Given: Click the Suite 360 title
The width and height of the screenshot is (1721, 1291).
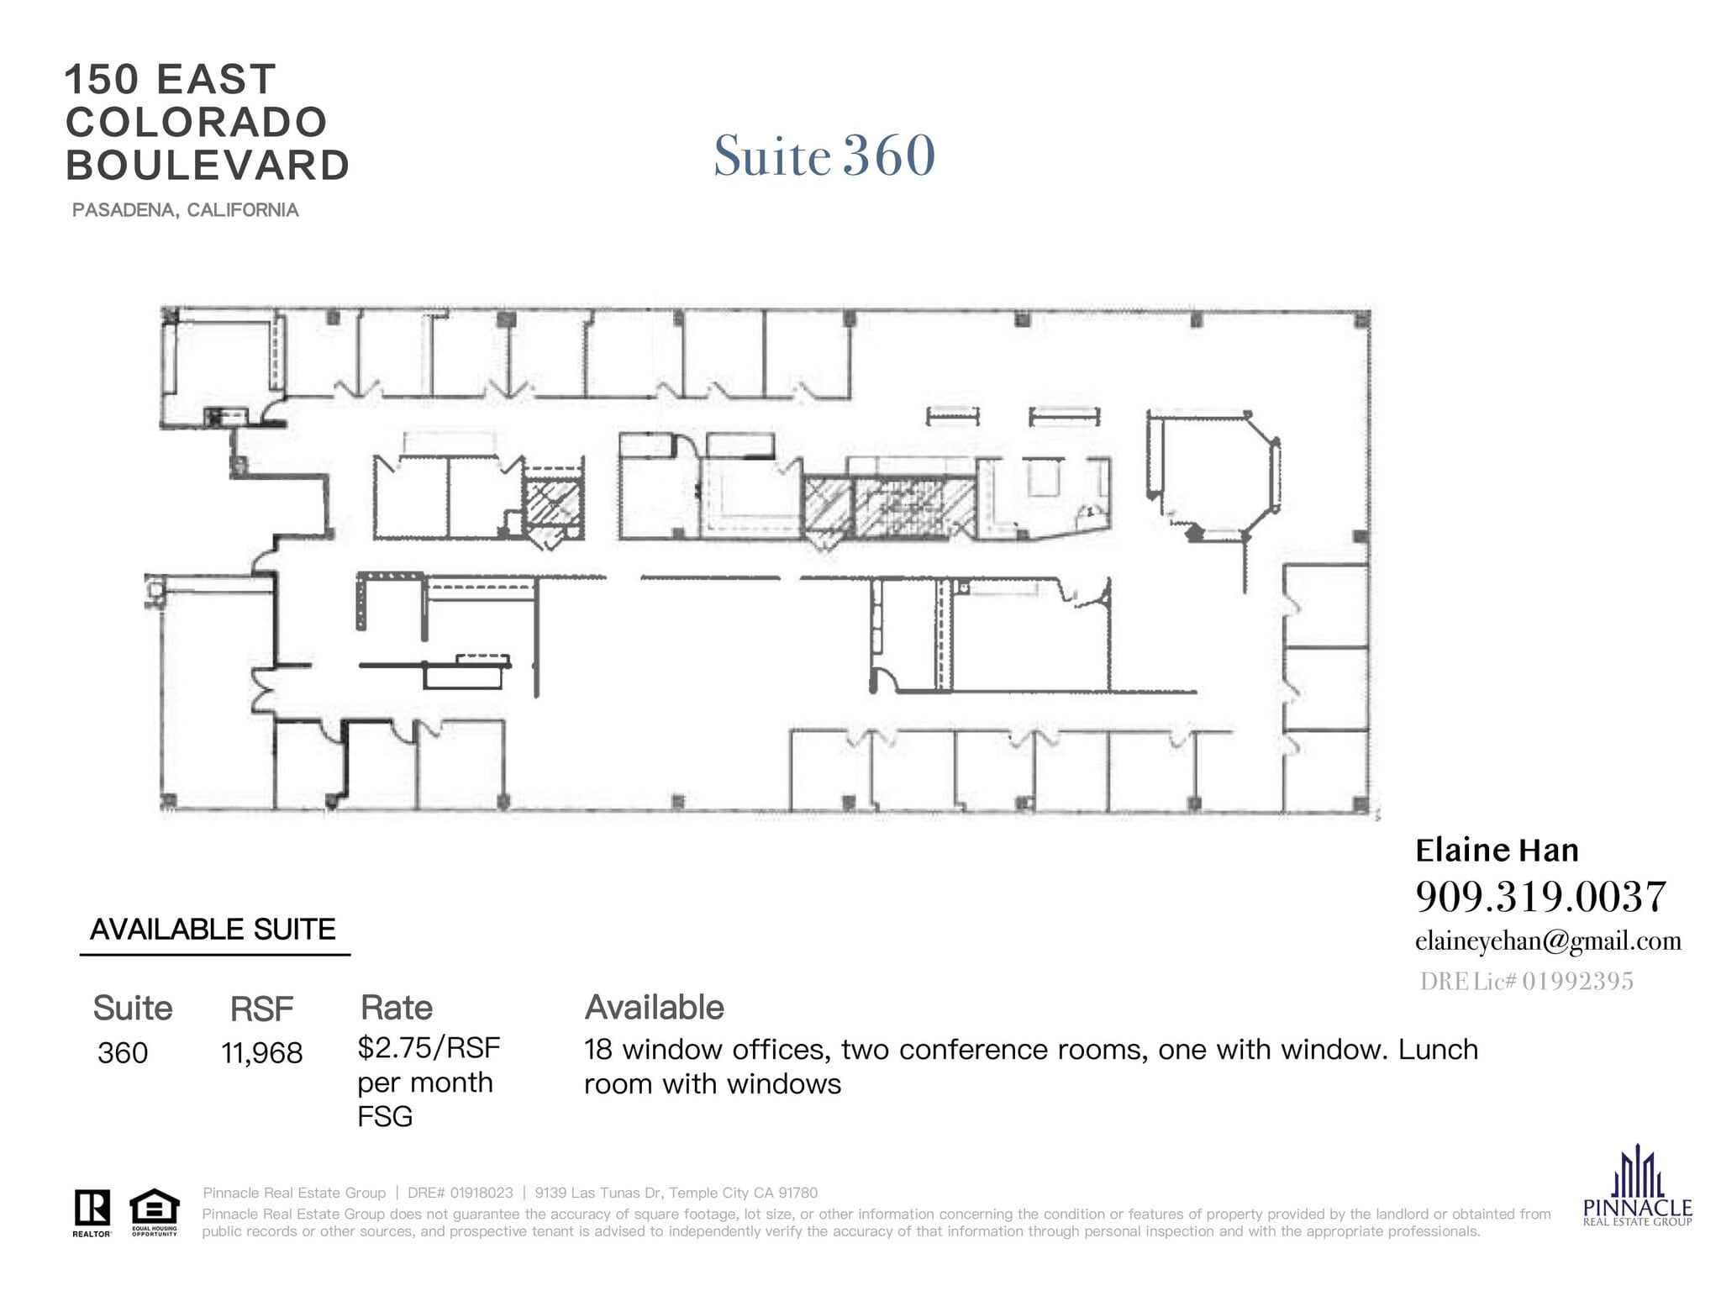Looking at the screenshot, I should (x=824, y=156).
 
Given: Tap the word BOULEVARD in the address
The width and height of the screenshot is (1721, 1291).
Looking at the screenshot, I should (x=208, y=166).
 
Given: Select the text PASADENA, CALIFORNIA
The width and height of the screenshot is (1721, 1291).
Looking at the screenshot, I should (x=185, y=210).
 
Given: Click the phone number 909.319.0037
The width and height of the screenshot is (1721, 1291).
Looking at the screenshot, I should (x=1539, y=897).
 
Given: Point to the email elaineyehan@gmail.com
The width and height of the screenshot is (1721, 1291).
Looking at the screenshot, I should (x=1548, y=941).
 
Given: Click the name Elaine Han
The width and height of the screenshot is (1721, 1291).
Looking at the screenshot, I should (x=1497, y=851).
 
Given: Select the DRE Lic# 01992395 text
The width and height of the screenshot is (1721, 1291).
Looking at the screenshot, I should (x=1526, y=981).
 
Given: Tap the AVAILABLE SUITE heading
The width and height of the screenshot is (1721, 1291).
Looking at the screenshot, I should (x=213, y=930).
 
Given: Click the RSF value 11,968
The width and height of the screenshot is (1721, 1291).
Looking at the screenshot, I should (x=261, y=1053).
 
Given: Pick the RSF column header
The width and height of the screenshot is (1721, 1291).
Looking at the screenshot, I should (x=261, y=1009).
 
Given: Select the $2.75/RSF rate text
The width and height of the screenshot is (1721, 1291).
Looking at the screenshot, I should (x=429, y=1048).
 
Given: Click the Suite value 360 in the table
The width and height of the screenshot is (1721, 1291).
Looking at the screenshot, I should (x=123, y=1053).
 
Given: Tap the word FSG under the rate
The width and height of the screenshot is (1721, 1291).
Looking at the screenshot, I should (x=385, y=1117).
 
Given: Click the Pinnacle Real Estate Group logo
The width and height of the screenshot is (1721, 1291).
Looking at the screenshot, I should (x=1637, y=1186).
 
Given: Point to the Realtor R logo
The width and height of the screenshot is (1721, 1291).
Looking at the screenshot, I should (x=92, y=1211).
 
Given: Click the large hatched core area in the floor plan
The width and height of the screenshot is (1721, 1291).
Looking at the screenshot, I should (x=914, y=507).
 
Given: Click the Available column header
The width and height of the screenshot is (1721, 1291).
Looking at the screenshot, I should (x=654, y=1008).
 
